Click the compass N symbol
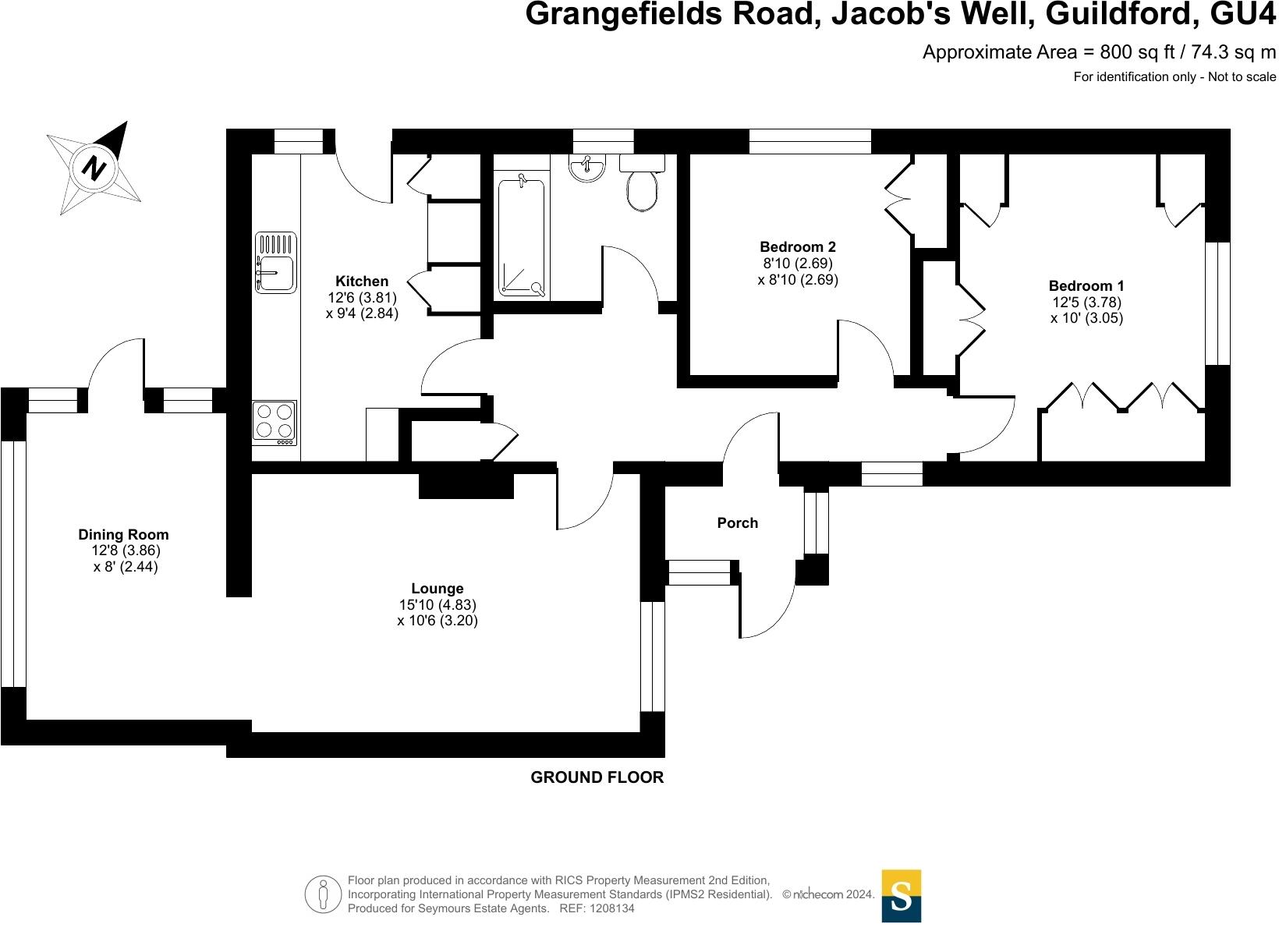pos(94,168)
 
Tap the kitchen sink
pos(275,264)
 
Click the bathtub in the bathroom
pos(521,237)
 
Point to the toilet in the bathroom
pos(642,188)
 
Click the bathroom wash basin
pos(587,168)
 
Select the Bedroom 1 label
pos(1086,285)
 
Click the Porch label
pos(737,522)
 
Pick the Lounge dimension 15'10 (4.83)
pos(437,604)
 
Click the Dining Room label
pos(123,534)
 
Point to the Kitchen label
pos(362,281)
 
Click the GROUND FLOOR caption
pos(597,777)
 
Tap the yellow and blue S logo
pos(901,895)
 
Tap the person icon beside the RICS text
pos(322,894)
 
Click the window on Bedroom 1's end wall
pos(1217,303)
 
